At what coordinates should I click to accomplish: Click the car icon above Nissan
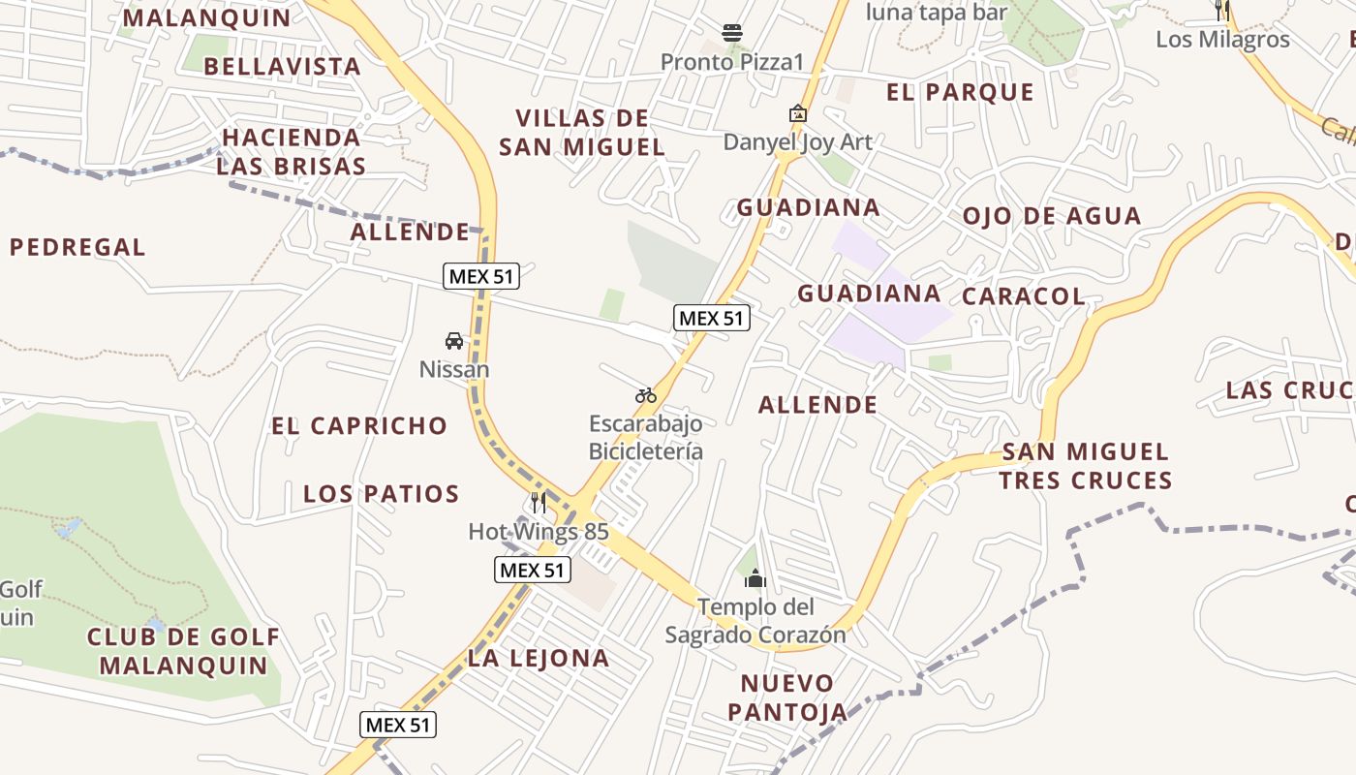[454, 341]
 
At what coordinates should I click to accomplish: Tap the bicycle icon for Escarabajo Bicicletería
[646, 395]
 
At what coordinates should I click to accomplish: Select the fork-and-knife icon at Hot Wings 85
[539, 503]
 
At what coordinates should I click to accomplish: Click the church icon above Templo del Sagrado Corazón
[755, 579]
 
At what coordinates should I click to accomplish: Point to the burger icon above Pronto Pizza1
[732, 33]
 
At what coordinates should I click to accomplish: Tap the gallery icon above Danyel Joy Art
[797, 113]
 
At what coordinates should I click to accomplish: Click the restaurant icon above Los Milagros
[1222, 11]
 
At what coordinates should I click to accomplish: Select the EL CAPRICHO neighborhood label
[359, 426]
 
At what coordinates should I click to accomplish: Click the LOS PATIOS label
[381, 494]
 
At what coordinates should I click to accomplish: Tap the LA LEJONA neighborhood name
[539, 659]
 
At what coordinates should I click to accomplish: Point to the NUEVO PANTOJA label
[786, 697]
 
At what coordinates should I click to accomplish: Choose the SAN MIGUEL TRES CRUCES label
[1086, 466]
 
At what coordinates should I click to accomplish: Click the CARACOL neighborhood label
[1024, 296]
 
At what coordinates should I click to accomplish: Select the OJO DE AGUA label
[1052, 216]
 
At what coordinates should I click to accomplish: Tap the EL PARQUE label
[961, 93]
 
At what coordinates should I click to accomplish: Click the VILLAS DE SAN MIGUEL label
[581, 133]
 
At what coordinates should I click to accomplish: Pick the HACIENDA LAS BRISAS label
[291, 151]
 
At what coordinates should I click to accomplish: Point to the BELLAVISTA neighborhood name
[283, 67]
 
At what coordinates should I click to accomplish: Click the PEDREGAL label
[77, 248]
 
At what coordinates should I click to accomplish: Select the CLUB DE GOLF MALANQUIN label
[183, 651]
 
